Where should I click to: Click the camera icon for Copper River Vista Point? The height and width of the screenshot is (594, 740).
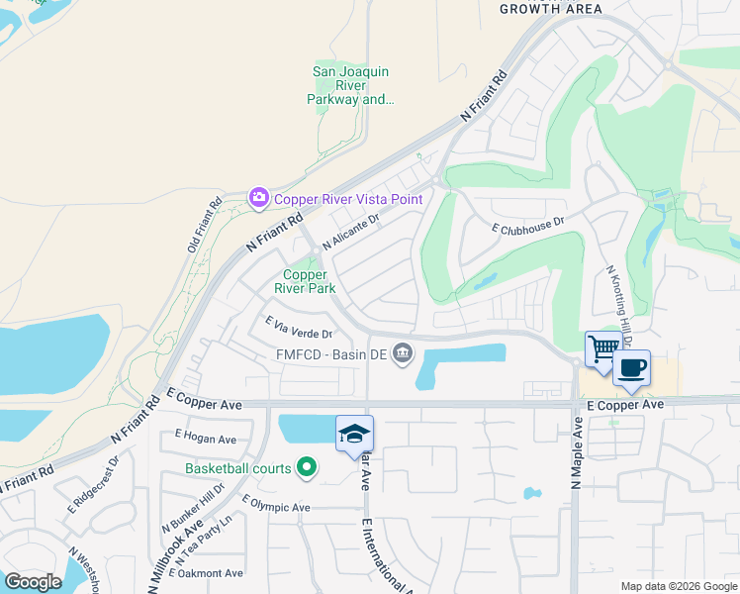click(259, 198)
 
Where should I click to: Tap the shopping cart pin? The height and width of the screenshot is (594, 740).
click(602, 347)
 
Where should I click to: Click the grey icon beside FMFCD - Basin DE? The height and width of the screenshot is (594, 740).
click(403, 352)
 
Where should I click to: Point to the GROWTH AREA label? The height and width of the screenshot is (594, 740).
click(551, 9)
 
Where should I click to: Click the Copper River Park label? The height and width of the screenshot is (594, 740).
click(310, 281)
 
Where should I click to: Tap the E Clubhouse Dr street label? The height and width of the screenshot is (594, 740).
click(528, 226)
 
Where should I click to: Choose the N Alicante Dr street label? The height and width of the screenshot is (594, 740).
click(350, 234)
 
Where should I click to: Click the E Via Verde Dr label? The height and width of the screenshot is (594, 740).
click(299, 327)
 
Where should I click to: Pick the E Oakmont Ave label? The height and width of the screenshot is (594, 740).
click(210, 573)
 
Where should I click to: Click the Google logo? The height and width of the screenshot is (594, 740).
click(33, 581)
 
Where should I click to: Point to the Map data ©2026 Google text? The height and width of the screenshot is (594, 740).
click(678, 586)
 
